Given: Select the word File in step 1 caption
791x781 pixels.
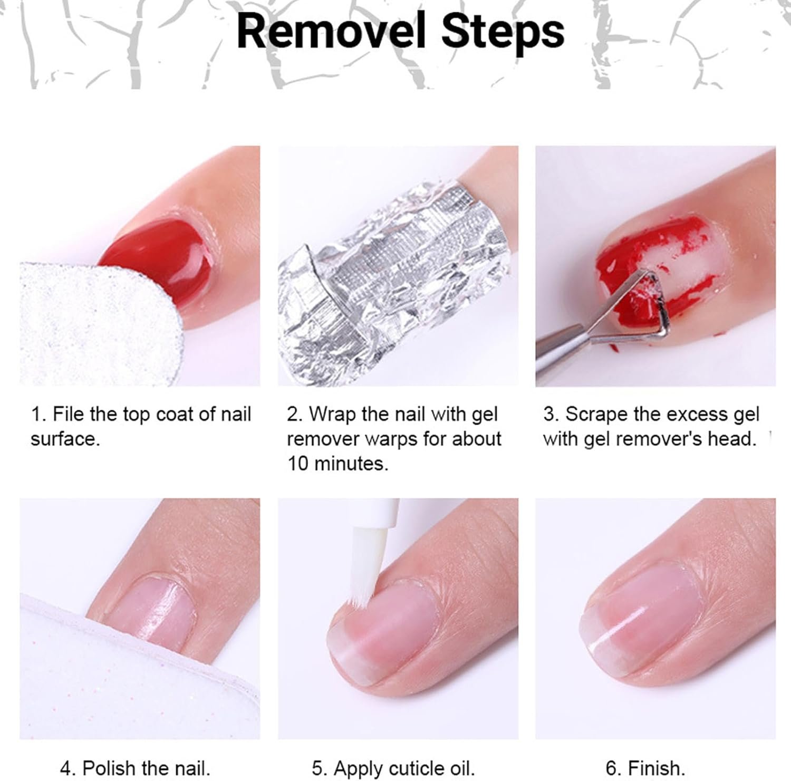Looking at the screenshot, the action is coord(69,414).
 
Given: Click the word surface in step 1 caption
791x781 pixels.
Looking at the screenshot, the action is coord(64,439).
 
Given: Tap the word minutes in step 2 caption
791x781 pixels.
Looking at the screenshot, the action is coord(349,464).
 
